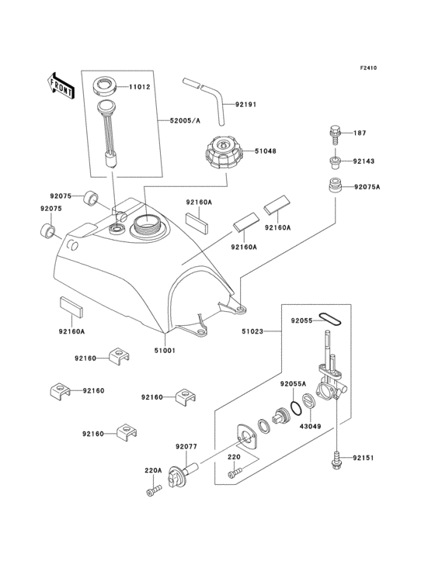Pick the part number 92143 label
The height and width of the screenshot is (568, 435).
click(364, 161)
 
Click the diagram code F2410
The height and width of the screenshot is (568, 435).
click(368, 68)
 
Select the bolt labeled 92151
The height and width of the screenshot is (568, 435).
click(336, 458)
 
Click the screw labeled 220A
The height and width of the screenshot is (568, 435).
click(154, 490)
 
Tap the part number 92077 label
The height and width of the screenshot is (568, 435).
click(186, 446)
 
